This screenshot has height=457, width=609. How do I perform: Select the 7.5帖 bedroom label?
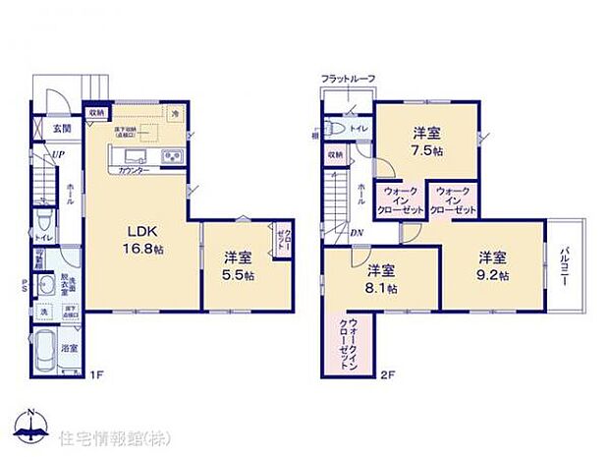(x=424, y=140)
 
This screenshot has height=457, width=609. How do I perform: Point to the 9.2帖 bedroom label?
(x=493, y=265)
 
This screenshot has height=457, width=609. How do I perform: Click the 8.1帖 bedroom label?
(x=381, y=279)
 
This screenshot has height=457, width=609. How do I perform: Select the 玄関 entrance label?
(x=62, y=128)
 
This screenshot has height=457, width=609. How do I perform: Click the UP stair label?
(x=58, y=154)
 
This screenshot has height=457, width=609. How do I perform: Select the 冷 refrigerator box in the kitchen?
(x=175, y=114)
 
